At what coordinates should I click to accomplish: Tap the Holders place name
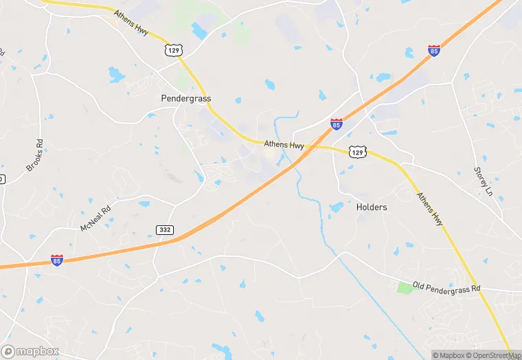coord(372,207)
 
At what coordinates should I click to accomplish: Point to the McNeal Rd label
coord(95,218)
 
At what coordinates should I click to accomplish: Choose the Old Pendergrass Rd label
coord(446,286)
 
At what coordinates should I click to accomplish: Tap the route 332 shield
coord(164,229)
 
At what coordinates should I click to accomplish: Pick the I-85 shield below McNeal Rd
coord(57,260)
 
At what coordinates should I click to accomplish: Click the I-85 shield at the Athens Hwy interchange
coord(336,124)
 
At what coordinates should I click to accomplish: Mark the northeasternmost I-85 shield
coord(433,50)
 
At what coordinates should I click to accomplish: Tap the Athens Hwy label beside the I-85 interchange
coord(284,145)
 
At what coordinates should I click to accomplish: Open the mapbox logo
coord(31,350)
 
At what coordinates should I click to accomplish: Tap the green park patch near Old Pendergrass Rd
coord(406,287)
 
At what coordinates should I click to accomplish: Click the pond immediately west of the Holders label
coord(336,207)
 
